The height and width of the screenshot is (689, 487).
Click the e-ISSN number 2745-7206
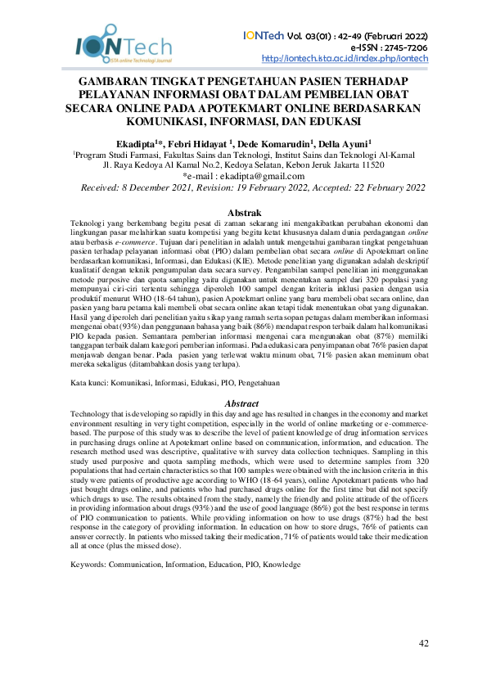[402, 47]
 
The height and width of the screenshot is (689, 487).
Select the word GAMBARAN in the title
[116, 83]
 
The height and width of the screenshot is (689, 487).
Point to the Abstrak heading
[243, 212]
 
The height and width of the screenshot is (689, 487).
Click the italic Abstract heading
[243, 403]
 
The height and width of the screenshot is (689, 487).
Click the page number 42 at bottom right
[423, 643]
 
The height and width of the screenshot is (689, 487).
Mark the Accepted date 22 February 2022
[387, 188]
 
